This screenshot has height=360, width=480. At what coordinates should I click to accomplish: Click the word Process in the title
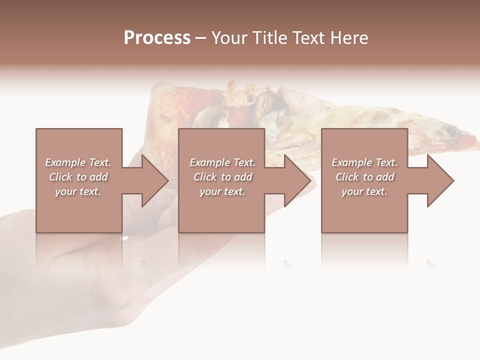(x=157, y=38)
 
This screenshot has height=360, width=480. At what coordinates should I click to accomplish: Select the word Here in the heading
(x=349, y=38)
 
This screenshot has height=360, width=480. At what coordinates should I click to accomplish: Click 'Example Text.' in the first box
(x=78, y=162)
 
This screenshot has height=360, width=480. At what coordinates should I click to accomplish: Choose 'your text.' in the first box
(x=78, y=191)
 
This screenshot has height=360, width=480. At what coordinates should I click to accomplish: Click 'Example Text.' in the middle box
(x=222, y=162)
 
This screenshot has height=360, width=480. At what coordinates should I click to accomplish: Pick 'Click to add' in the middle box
(x=222, y=177)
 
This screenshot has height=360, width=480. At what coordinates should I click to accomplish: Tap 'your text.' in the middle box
(x=222, y=191)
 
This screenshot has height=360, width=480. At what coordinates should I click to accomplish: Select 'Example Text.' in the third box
(x=364, y=162)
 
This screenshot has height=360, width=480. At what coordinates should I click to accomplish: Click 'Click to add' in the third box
(x=364, y=177)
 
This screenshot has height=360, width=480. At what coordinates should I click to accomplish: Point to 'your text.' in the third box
(x=364, y=191)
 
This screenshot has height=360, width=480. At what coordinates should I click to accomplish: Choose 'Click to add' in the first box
(x=78, y=177)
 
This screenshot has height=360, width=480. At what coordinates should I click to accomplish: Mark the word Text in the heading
(x=310, y=38)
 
